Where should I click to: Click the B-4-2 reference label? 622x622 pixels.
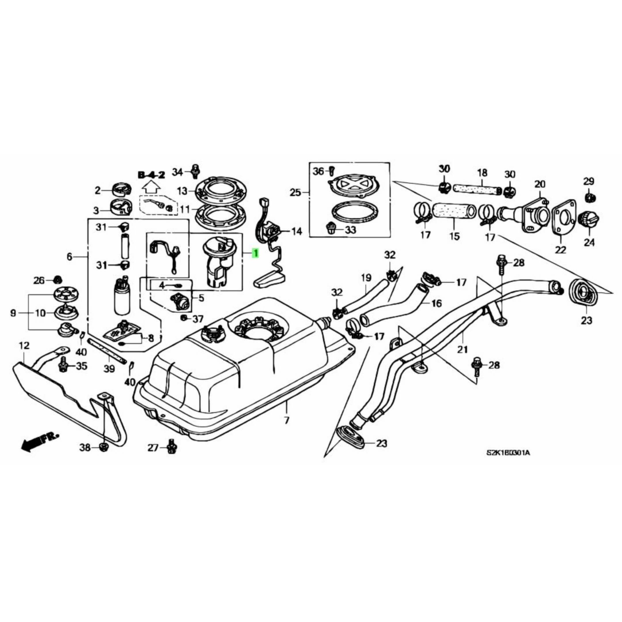point(151,175)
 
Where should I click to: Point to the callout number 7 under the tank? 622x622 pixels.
point(287,420)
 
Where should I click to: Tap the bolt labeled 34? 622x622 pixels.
point(195,171)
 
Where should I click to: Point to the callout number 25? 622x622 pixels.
point(295,193)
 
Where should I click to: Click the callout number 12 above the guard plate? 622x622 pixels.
point(24,346)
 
